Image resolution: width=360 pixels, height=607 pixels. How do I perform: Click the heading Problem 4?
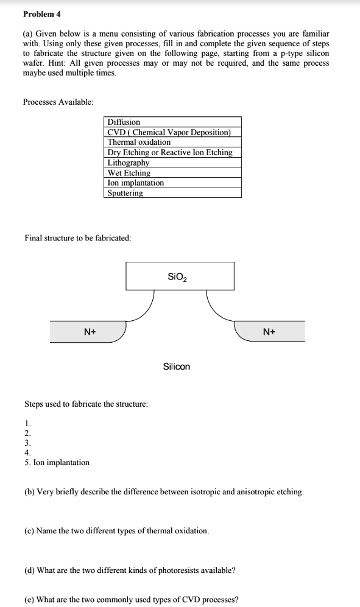[42, 14]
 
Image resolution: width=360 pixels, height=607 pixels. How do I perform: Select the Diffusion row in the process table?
[124, 122]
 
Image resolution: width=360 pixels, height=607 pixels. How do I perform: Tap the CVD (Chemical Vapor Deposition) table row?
[169, 132]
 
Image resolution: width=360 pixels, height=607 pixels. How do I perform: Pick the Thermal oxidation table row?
[139, 142]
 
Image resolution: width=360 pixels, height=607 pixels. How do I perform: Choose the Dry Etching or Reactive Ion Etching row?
[170, 152]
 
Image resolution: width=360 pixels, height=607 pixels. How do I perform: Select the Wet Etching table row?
[129, 173]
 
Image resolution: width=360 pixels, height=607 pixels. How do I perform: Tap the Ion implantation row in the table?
[135, 183]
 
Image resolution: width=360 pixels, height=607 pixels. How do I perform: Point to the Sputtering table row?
[125, 193]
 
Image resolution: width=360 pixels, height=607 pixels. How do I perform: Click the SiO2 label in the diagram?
[177, 277]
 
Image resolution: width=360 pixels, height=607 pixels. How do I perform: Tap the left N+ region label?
[91, 331]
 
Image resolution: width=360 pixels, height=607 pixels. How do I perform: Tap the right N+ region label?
[269, 331]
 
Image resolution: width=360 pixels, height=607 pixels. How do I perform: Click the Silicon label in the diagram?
[177, 367]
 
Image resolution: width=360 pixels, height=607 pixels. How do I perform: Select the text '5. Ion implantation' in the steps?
[57, 462]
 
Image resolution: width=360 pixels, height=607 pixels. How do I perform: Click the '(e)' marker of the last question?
[29, 599]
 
